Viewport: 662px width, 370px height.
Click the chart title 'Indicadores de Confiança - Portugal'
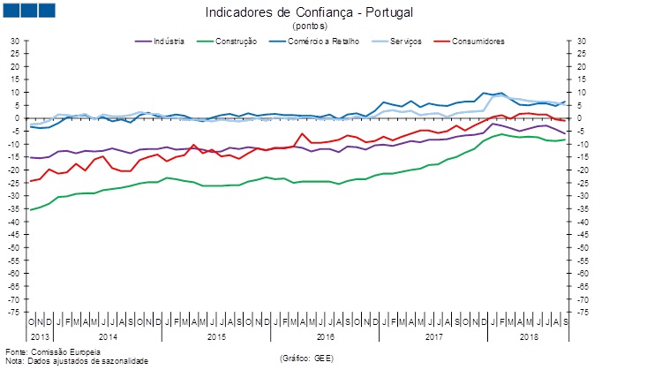click(x=308, y=13)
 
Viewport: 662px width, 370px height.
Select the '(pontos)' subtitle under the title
click(x=308, y=26)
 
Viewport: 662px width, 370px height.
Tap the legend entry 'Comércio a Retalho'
click(x=321, y=42)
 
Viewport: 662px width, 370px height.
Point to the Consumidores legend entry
click(x=478, y=42)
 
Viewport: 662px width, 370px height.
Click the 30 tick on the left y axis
click(x=14, y=41)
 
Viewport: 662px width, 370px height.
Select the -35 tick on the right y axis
click(x=583, y=209)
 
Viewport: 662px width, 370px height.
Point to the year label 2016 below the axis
click(x=325, y=337)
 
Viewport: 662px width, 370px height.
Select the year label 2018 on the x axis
click(x=530, y=337)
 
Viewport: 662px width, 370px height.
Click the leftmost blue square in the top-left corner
click(x=14, y=11)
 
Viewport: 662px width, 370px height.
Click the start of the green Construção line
click(x=31, y=210)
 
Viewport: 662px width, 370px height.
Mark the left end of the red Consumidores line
click(x=31, y=181)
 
